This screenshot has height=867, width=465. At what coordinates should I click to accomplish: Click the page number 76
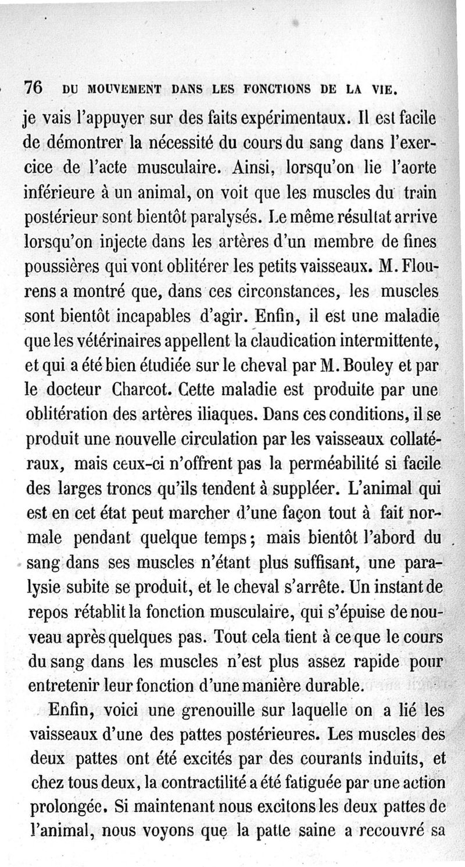pyautogui.click(x=33, y=87)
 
